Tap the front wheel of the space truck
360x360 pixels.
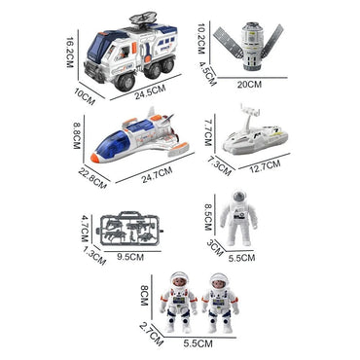coord(122,82)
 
